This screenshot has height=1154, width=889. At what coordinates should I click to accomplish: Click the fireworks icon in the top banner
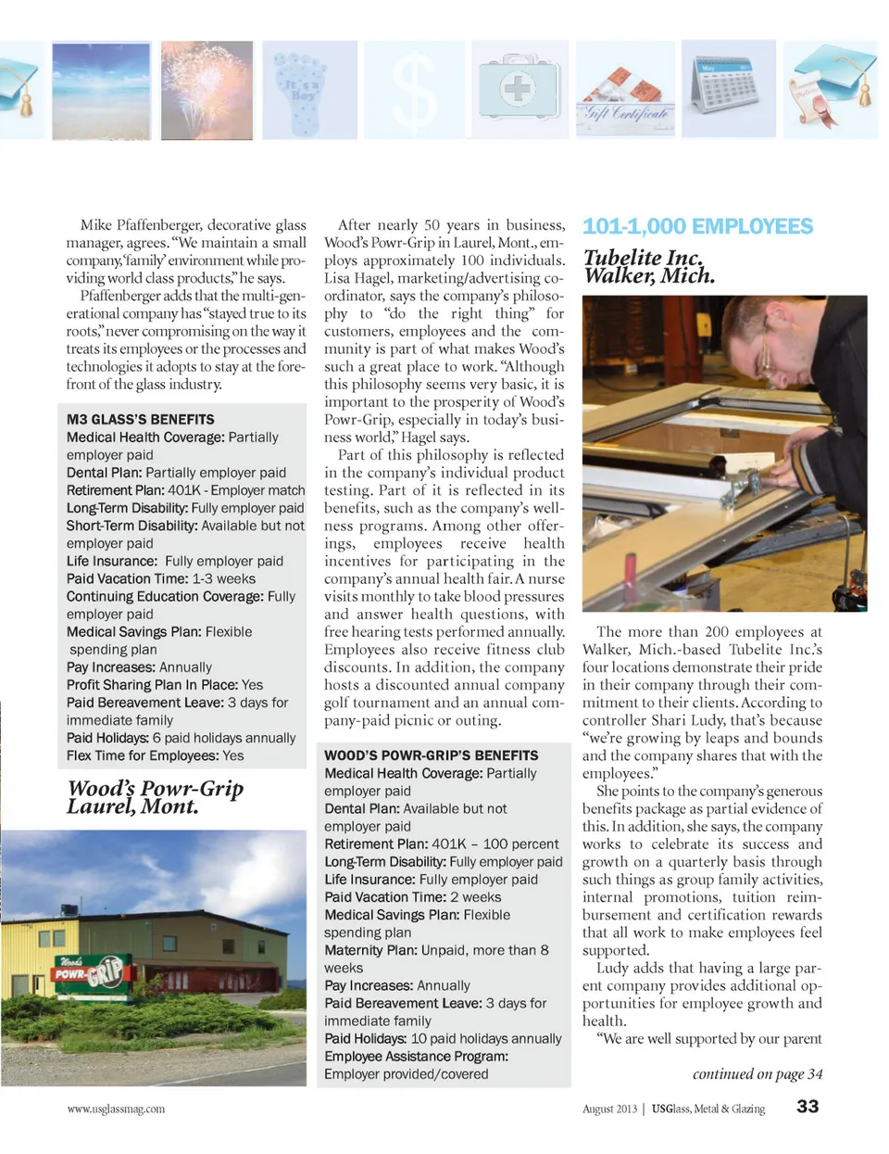click(x=207, y=90)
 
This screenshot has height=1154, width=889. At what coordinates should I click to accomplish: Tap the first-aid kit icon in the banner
click(x=519, y=90)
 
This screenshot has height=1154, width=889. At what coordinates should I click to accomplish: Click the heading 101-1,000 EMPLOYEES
click(x=697, y=227)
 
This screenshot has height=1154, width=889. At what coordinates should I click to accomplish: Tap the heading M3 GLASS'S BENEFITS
click(x=140, y=419)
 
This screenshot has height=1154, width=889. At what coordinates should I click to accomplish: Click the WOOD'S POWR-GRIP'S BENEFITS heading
click(x=431, y=755)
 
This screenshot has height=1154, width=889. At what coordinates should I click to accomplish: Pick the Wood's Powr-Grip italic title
click(x=155, y=797)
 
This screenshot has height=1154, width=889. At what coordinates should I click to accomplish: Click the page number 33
click(x=808, y=1107)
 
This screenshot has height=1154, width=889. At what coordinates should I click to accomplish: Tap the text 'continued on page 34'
click(x=757, y=1074)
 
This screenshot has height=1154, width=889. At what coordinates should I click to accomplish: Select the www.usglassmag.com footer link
click(x=116, y=1109)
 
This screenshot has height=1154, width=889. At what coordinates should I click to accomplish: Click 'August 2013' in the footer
click(x=609, y=1109)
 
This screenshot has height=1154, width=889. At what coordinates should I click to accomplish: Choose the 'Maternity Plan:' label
click(x=370, y=950)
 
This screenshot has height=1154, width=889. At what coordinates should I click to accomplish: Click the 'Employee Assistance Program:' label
click(x=416, y=1057)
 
